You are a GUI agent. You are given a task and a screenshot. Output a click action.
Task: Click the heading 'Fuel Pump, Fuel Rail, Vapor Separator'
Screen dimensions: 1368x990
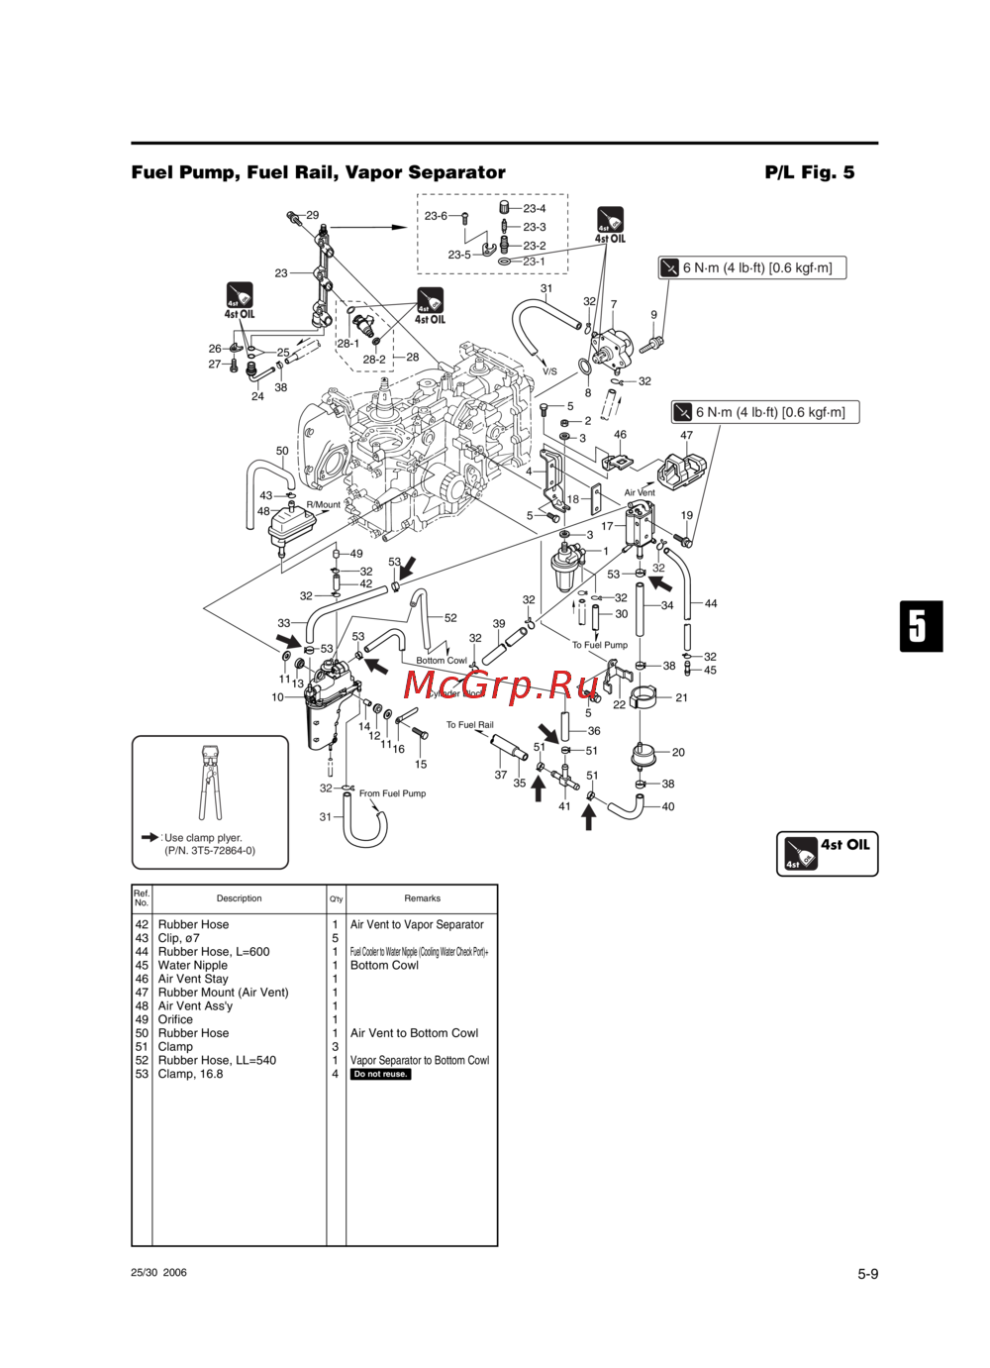(x=318, y=172)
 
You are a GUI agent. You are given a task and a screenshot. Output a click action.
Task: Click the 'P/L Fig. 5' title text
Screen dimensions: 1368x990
(x=809, y=172)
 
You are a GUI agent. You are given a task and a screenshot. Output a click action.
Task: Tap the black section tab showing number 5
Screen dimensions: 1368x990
(x=920, y=626)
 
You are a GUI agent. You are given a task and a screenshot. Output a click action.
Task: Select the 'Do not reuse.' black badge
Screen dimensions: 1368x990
(x=380, y=1074)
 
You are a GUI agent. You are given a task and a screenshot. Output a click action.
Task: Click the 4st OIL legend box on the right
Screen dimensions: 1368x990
(x=827, y=853)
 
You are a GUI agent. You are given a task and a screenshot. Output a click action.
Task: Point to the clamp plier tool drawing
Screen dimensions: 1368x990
(x=210, y=784)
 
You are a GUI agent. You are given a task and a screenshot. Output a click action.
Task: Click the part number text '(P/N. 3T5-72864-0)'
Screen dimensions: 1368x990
(x=210, y=851)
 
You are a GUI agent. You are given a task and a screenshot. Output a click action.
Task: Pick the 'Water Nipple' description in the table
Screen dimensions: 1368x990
(x=193, y=965)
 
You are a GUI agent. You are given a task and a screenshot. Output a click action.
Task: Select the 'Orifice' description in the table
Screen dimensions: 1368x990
(x=175, y=1019)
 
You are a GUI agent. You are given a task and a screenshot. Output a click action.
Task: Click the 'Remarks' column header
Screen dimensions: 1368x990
(x=422, y=898)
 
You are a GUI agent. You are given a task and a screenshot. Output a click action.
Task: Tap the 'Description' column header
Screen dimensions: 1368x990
(x=239, y=898)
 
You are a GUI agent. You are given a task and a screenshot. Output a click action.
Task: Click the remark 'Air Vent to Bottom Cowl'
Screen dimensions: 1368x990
(x=414, y=1033)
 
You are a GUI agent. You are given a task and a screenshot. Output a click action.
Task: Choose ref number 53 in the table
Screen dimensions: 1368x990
(x=142, y=1074)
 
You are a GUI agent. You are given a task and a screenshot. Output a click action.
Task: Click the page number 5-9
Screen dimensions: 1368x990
(x=867, y=1274)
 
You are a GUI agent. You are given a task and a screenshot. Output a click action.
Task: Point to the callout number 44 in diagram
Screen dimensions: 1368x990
(x=711, y=603)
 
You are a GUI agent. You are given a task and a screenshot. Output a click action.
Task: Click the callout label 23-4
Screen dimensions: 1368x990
(x=535, y=209)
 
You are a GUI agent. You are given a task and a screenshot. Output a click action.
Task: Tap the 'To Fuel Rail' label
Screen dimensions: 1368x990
(x=469, y=725)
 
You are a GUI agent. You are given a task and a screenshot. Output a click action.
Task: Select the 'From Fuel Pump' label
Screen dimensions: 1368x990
(x=392, y=793)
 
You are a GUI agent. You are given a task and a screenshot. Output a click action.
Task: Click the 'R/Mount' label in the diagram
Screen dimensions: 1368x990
(x=323, y=504)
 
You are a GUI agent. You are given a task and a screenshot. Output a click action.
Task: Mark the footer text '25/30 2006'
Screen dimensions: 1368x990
(x=158, y=1273)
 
